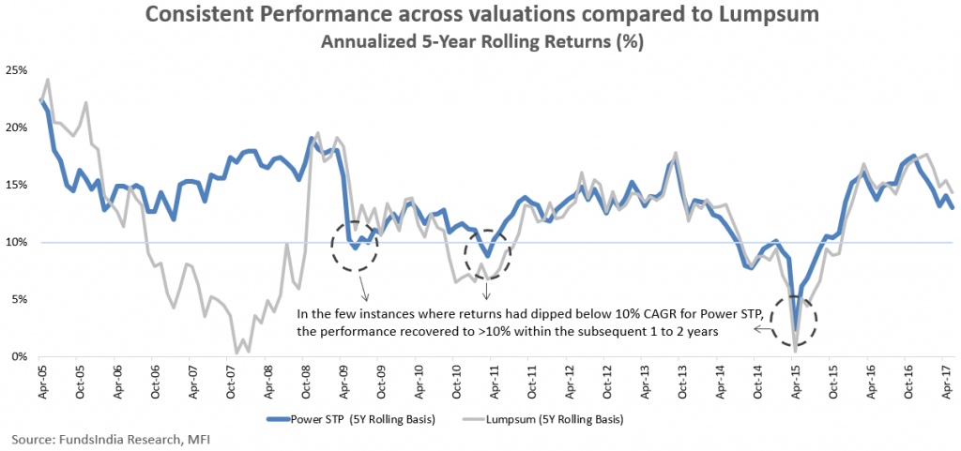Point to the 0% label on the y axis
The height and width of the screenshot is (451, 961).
pyautogui.click(x=20, y=356)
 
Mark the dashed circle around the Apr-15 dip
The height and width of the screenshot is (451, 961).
pyautogui.click(x=794, y=324)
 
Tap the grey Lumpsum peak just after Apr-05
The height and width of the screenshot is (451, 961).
pyautogui.click(x=48, y=80)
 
